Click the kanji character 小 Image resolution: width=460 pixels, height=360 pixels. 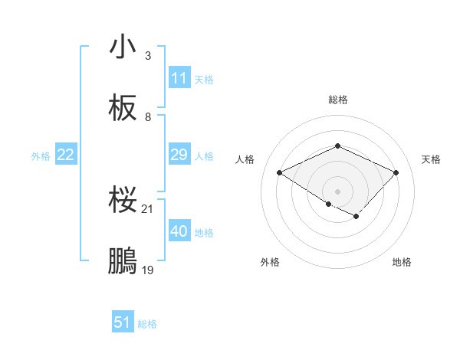pos(123,47)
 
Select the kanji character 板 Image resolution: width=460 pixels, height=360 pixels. pos(123,108)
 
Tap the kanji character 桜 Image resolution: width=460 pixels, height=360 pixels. pos(123,201)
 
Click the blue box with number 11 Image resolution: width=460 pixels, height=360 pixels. pos(179,78)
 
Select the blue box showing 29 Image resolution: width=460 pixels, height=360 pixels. pos(179,155)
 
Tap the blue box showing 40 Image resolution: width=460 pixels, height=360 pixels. pos(179,231)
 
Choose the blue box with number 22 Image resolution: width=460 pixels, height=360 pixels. pos(66,155)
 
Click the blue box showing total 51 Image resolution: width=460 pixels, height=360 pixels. pos(123,322)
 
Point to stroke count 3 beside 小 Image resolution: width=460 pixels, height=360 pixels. pos(148,56)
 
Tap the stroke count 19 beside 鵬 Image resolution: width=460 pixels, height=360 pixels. pos(149,270)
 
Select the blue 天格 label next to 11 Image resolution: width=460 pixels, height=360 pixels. pos(204,79)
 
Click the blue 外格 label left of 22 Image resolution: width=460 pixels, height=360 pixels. pos(41,156)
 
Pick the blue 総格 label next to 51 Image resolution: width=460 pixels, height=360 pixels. pos(147,324)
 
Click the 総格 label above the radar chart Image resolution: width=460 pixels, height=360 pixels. pos(338,100)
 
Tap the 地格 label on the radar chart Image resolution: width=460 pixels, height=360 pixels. pos(402,262)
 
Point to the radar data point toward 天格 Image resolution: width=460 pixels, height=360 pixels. pos(396,173)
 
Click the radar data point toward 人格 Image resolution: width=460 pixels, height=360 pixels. pos(280,173)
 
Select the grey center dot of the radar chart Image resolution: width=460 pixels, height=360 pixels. pos(337,190)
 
